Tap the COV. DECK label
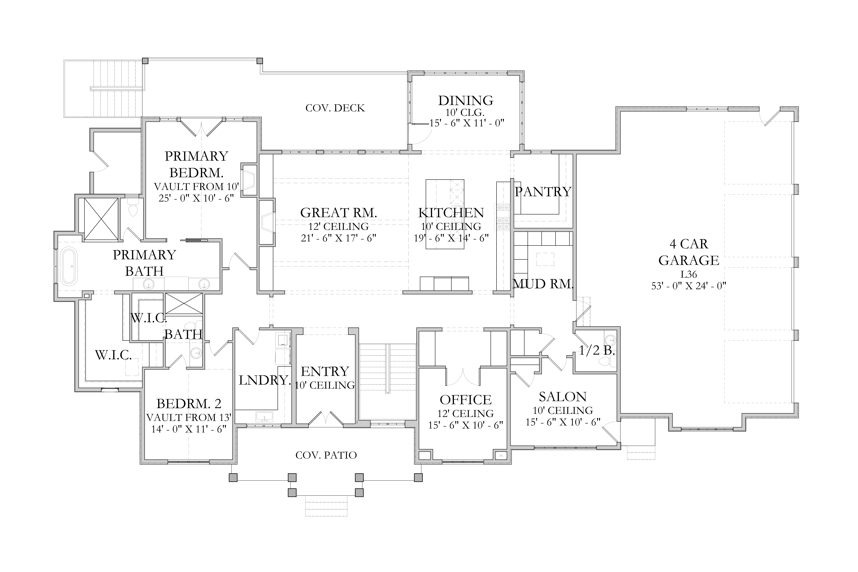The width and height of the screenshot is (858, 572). point(335,108)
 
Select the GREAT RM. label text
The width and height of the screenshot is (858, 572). point(339,213)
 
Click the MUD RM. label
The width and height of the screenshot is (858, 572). point(543,284)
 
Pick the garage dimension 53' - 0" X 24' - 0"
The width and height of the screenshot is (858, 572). point(689,286)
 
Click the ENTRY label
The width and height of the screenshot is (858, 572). point(325,371)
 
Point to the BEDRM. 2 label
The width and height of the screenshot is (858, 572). point(189,404)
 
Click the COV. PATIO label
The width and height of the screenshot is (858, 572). point(326,455)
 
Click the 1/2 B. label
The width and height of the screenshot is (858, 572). point(597,351)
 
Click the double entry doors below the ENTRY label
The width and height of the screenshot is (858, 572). point(326,419)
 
